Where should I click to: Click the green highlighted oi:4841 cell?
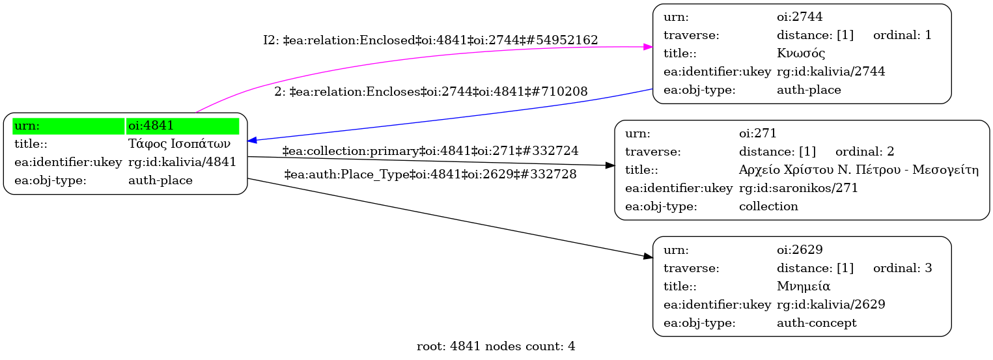pos(182,126)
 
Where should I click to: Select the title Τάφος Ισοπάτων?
pos(179,144)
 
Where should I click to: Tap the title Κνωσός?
pos(801,53)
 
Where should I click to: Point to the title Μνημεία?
pos(804,286)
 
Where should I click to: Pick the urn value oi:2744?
pos(800,17)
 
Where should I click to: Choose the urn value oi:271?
pos(757,133)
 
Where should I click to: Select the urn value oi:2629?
pos(800,250)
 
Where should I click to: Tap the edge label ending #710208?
pos(431,92)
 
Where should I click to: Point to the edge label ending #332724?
pos(430,151)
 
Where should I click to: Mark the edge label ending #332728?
pos(430,174)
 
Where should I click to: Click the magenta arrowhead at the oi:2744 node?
pos(648,47)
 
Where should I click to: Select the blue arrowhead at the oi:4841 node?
pos(252,140)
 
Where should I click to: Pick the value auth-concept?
pos(817,323)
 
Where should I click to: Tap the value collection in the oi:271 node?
pos(768,206)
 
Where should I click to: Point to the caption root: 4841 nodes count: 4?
pos(496,346)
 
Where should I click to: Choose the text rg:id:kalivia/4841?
pos(182,162)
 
